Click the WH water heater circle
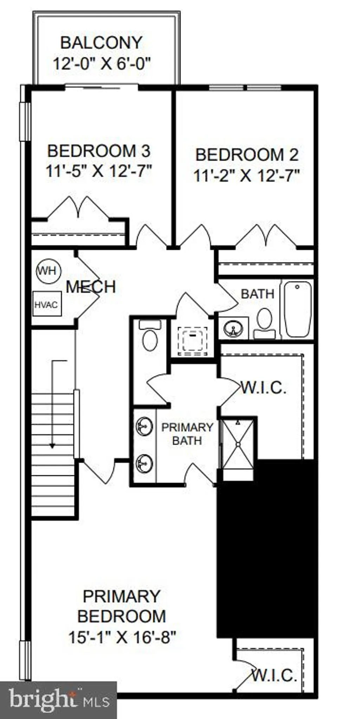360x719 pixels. pyautogui.click(x=49, y=271)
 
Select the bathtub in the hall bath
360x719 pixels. pyautogui.click(x=298, y=309)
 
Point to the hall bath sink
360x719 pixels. pyautogui.click(x=233, y=328)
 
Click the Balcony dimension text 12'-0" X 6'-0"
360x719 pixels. pyautogui.click(x=102, y=64)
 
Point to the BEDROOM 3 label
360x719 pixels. pyautogui.click(x=99, y=151)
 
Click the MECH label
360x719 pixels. pyautogui.click(x=91, y=287)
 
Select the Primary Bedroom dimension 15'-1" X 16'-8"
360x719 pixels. pyautogui.click(x=122, y=637)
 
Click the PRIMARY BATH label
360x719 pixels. pyautogui.click(x=187, y=434)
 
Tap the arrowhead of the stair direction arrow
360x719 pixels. pyautogui.click(x=52, y=446)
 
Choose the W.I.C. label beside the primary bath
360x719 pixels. pyautogui.click(x=263, y=388)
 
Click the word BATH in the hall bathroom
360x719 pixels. pyautogui.click(x=258, y=294)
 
